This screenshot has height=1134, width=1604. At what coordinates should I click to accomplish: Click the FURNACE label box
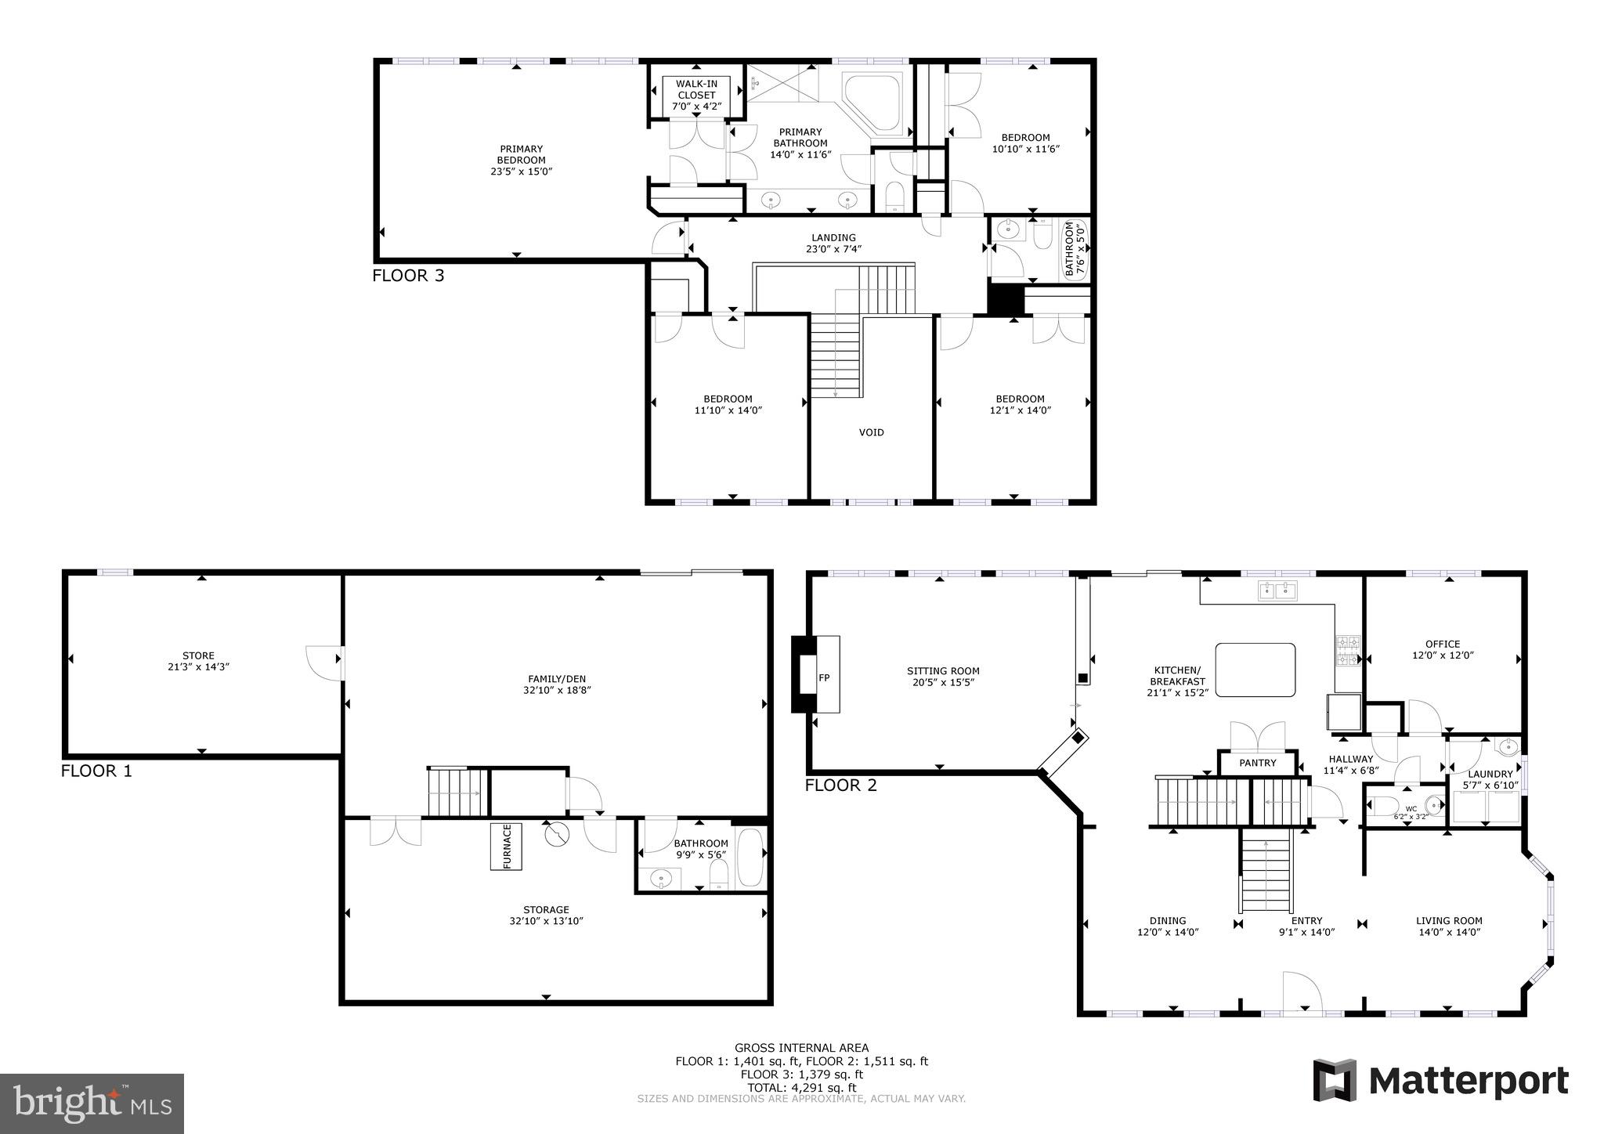tap(506, 847)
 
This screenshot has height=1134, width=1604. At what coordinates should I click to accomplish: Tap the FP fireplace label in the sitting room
tap(824, 678)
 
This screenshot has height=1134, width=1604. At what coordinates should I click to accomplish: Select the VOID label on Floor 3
tap(871, 432)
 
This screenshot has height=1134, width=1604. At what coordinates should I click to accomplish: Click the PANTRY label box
tap(1258, 763)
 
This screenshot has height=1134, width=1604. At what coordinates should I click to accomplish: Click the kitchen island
tap(1255, 670)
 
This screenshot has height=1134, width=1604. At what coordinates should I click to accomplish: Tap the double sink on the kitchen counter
tap(1278, 591)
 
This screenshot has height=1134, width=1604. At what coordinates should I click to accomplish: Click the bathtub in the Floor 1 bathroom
tap(751, 858)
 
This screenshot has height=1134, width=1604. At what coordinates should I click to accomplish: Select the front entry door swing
tap(1302, 992)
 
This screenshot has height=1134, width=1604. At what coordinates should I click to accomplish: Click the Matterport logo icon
tap(1335, 1081)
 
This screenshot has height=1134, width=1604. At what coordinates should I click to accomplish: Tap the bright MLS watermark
tap(92, 1103)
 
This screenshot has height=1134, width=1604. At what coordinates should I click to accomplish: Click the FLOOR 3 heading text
tap(408, 276)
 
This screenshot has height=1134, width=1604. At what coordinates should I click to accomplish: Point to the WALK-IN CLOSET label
tap(696, 95)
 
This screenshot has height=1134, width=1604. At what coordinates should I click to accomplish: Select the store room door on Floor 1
tap(324, 662)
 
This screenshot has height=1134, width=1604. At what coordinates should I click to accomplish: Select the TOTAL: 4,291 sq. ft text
tap(801, 1087)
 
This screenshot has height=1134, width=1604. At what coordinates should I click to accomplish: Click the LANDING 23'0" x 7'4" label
tap(833, 243)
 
